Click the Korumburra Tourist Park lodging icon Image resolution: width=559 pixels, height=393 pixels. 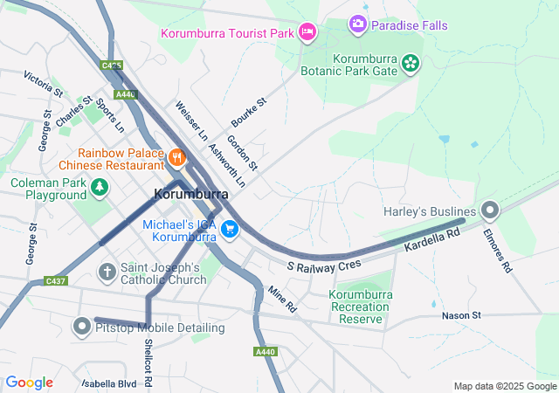307,32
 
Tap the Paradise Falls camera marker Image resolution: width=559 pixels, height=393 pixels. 357,24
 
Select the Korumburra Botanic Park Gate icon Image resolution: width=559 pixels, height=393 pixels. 411,62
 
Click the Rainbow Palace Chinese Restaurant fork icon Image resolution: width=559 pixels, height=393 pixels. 177,157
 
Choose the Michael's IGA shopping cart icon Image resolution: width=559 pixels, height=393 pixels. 230,229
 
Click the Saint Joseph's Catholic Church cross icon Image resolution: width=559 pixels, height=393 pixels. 107,272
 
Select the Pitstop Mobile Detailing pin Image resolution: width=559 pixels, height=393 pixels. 82,327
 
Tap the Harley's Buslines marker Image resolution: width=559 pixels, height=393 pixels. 490,210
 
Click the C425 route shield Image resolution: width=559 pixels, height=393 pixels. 111,65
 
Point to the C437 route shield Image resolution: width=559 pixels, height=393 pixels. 56,281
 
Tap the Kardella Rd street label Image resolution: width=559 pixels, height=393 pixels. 431,241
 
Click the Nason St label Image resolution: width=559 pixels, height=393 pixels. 461,314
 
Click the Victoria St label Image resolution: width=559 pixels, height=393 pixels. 44,84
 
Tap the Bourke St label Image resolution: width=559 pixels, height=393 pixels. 248,113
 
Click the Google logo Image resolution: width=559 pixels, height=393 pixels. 30,383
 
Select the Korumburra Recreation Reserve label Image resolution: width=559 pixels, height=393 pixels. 360,307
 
